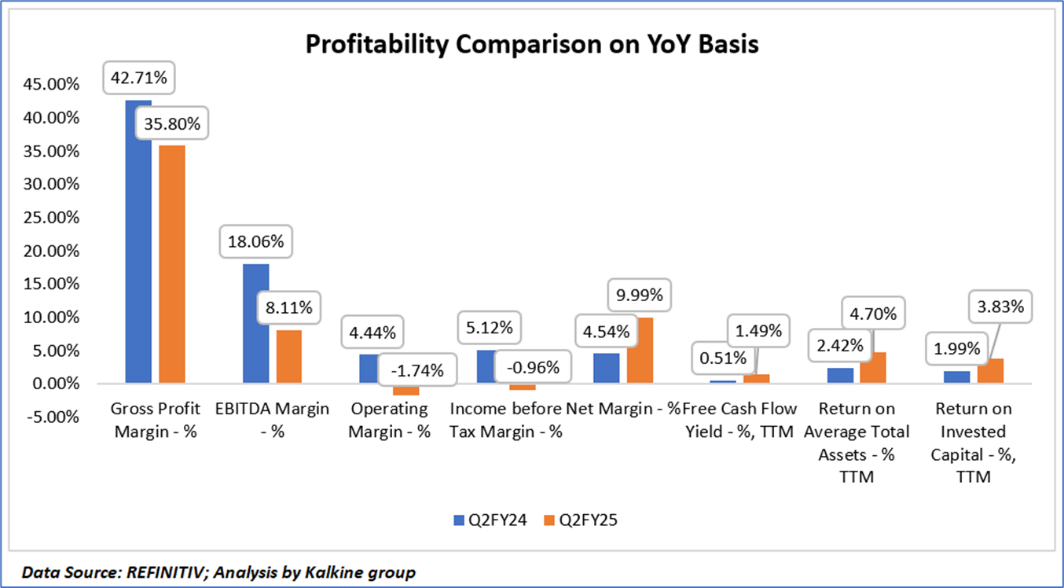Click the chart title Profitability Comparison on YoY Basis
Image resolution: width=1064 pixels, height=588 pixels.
(531, 44)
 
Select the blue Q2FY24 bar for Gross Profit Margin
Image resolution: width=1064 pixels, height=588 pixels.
(138, 244)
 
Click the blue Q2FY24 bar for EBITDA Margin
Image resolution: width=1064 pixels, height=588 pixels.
(256, 324)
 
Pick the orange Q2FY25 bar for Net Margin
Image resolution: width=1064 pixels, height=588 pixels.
(640, 351)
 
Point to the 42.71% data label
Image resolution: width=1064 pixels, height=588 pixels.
(138, 78)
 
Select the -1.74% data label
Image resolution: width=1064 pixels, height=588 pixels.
(416, 369)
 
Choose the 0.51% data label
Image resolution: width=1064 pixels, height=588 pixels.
(722, 358)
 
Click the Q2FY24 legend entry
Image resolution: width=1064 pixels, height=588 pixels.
(490, 520)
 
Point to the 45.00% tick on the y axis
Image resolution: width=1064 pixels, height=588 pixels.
(53, 85)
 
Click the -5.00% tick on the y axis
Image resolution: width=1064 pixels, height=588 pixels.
(53, 417)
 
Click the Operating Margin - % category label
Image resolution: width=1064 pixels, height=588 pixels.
(390, 420)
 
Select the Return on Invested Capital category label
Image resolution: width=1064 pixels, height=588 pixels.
(974, 443)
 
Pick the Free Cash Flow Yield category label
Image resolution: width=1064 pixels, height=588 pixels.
(739, 420)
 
